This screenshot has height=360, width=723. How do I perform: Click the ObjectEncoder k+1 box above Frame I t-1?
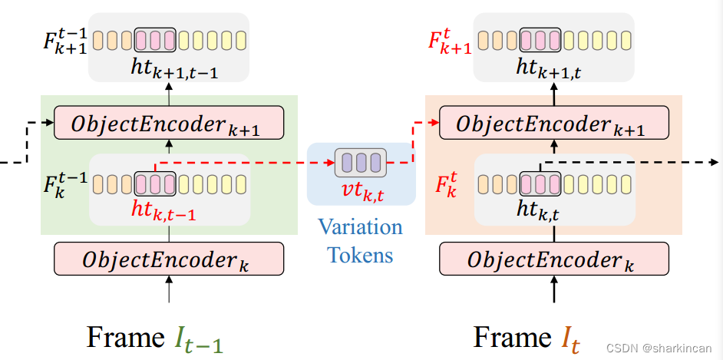(x=169, y=123)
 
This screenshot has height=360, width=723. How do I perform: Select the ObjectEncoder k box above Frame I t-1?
(x=169, y=259)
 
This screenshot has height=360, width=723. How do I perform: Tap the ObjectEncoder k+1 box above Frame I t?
(x=553, y=123)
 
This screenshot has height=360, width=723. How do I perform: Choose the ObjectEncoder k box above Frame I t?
(x=553, y=259)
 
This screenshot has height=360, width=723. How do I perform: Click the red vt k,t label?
(x=361, y=190)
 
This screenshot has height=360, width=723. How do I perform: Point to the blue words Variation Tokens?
(x=361, y=240)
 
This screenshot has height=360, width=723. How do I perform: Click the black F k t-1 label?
(x=64, y=185)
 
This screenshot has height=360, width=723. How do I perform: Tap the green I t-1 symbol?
(x=199, y=339)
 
